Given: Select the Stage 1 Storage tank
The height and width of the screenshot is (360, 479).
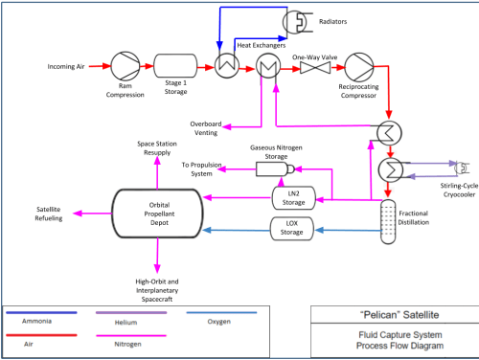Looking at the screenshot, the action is point(175,66).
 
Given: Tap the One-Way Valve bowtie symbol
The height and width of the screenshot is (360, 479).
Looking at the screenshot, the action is point(315,68).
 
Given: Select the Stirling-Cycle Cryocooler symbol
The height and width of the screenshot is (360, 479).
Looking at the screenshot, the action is point(463,168).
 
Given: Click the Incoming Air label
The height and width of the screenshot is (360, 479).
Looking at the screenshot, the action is point(66,66).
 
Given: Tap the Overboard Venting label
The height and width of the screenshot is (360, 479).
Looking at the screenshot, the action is point(206,128).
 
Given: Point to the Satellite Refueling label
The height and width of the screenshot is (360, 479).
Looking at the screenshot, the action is point(49,214).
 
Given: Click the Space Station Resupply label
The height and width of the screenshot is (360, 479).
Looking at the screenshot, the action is point(157,148).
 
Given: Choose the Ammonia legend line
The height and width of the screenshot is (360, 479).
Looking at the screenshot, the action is point(41,313).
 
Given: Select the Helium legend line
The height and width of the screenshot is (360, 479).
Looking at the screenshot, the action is point(131,313).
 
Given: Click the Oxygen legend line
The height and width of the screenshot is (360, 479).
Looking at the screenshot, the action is point(221,313).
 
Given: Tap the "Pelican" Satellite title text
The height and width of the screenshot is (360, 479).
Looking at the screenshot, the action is point(399,315).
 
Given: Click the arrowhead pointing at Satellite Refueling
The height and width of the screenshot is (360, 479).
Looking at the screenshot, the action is point(78,214).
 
